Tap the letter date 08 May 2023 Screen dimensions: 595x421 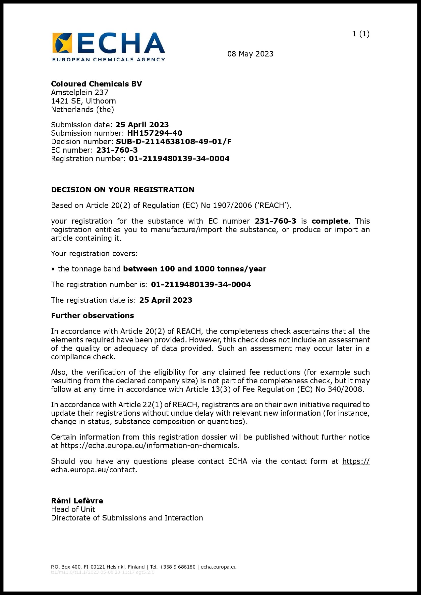coord(250,54)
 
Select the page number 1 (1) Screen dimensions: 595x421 coord(361,34)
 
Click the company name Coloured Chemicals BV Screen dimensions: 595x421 coord(96,84)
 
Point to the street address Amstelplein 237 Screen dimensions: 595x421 coord(80,93)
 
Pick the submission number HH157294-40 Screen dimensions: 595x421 coord(155,133)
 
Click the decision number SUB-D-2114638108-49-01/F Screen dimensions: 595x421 coord(173,142)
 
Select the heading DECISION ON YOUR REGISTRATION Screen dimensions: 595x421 coord(123,190)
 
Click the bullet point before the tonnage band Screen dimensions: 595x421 coord(53,269)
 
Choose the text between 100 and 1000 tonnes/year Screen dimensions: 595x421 coord(195,269)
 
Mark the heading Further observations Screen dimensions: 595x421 coord(93,316)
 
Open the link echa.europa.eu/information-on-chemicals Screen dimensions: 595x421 coord(149,446)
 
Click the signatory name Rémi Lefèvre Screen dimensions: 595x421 coord(77,501)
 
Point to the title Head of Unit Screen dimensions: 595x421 coord(73,509)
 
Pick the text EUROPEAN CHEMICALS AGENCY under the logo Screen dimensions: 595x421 coord(108,59)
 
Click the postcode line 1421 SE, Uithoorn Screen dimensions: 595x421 coord(83,101)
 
